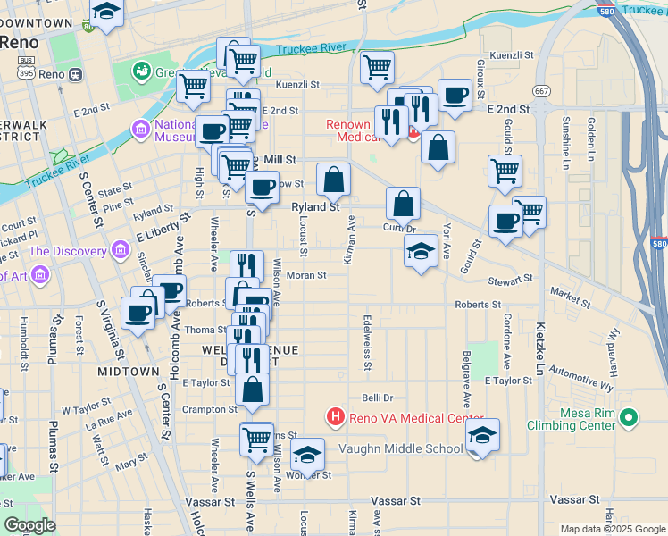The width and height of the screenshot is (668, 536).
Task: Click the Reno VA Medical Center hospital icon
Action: point(336,417)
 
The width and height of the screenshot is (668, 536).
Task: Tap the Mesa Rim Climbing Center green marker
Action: point(629,417)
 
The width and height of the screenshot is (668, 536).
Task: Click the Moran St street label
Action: point(305,275)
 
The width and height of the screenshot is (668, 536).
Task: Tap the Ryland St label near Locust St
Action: point(316,206)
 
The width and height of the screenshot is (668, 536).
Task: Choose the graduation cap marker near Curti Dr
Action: point(421,251)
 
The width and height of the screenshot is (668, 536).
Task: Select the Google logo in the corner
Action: point(29,524)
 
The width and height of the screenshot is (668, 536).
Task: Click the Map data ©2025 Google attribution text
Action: point(612,529)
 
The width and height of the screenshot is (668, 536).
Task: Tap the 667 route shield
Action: point(541,91)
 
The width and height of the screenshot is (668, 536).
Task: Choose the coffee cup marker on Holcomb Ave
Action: point(169,289)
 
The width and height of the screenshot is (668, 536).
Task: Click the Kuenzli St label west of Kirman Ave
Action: point(297,85)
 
